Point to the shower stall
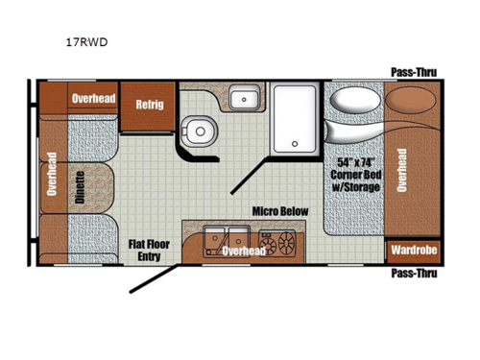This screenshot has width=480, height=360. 295,120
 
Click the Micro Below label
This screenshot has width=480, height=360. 278,210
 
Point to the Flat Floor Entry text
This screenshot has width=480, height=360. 149,251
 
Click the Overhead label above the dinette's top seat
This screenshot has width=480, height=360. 93,97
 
